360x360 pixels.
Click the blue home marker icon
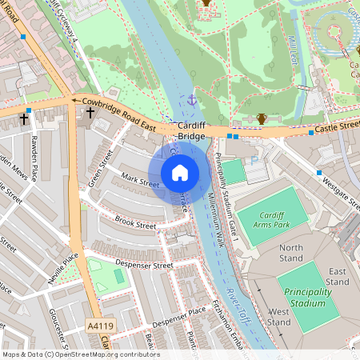[180, 173]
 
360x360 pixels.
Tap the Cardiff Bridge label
[192, 131]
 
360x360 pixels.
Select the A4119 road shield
[97, 326]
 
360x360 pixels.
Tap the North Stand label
[291, 253]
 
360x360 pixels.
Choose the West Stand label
[280, 316]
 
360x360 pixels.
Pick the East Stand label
[338, 277]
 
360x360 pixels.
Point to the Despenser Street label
[145, 265]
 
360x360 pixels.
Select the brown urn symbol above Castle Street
[261, 119]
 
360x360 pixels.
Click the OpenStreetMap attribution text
[80, 354]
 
